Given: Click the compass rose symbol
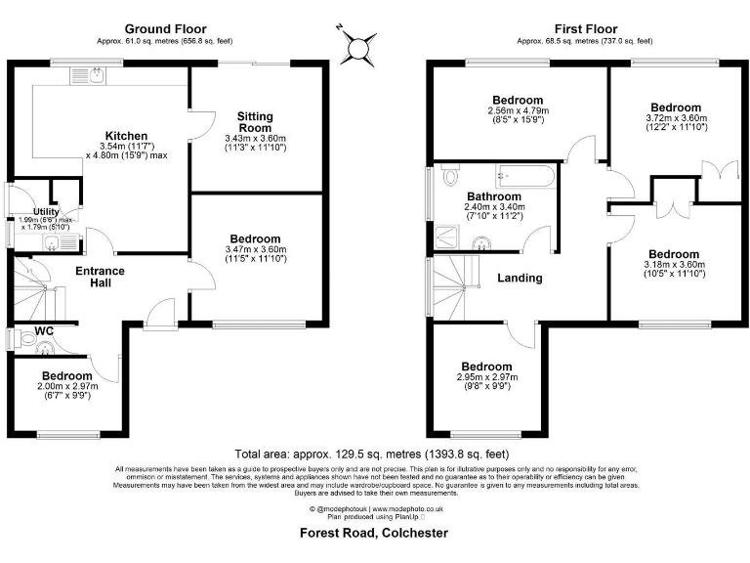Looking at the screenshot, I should coord(359,45).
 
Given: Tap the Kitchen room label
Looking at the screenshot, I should coord(127,136).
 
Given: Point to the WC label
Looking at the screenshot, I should coord(44,331).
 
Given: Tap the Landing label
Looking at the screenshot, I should coord(520,278).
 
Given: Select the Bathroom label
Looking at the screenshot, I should coord(494,195).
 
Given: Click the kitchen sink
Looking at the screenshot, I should coord(98,73).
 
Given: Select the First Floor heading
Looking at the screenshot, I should coord(584,29).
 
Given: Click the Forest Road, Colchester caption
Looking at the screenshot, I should coord(374,533).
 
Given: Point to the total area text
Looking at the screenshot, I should coord(372,455).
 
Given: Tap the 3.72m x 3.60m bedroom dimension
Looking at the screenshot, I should coord(675,119).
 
